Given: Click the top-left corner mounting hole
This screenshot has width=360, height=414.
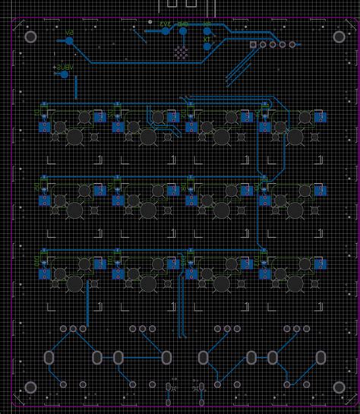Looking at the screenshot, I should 31,36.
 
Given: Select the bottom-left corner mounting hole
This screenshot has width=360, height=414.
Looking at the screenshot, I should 31,387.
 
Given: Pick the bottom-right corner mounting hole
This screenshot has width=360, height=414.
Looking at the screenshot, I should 336,387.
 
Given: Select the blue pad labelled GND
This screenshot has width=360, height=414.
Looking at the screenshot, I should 184,31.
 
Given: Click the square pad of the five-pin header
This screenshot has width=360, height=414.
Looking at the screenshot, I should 253,45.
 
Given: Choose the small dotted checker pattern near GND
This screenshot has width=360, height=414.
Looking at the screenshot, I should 181,53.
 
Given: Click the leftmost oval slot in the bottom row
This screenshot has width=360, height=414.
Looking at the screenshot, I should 49,357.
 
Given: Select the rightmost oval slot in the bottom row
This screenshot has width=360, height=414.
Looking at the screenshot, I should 321,357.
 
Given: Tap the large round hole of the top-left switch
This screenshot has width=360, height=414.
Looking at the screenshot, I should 74,137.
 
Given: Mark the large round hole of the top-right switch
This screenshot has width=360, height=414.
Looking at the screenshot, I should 294,137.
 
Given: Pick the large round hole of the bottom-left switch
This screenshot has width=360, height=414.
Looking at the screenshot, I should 74,283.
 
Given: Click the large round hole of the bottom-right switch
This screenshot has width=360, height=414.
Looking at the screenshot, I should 294,283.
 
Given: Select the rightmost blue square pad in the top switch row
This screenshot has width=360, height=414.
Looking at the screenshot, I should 320,117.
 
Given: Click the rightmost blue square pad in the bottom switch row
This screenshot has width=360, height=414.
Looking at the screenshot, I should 320,264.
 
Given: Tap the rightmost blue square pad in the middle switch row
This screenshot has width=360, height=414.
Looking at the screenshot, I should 320,191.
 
